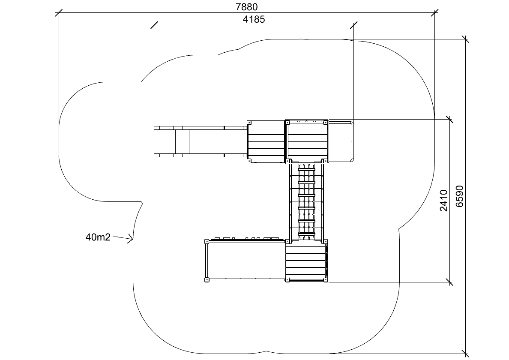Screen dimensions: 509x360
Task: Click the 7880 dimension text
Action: tap(247, 6)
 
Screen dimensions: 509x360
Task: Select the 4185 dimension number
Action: tap(254, 19)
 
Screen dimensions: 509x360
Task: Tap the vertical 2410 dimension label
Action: tap(444, 201)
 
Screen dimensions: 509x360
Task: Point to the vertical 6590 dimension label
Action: tap(460, 196)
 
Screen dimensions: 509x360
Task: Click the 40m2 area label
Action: tap(98, 237)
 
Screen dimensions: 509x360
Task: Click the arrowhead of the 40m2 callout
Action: tap(131, 240)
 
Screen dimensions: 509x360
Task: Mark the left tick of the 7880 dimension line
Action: tap(59, 13)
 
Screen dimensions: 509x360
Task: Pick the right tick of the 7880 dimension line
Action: tap(434, 13)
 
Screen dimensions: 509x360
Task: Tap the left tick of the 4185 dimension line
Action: tap(154, 25)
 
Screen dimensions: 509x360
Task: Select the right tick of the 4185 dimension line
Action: tap(354, 25)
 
